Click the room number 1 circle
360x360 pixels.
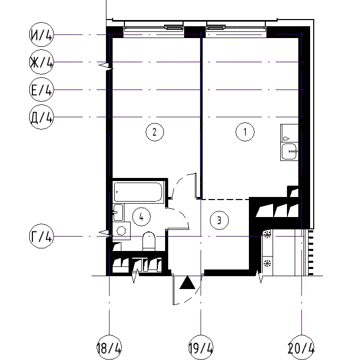pyautogui.click(x=245, y=132)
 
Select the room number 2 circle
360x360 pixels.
pyautogui.click(x=155, y=132)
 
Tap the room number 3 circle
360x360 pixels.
pyautogui.click(x=219, y=221)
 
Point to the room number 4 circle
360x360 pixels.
pyautogui.click(x=141, y=217)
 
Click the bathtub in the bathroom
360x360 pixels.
pyautogui.click(x=138, y=192)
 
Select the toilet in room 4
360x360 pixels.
pyautogui.click(x=149, y=241)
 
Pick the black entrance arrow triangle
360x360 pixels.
pyautogui.click(x=187, y=282)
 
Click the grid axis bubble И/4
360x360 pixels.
pyautogui.click(x=42, y=34)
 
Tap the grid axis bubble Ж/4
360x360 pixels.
pyautogui.click(x=42, y=62)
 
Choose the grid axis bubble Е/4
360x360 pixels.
pyautogui.click(x=42, y=89)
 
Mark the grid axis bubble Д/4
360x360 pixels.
pyautogui.click(x=42, y=117)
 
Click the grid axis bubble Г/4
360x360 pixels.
pyautogui.click(x=42, y=236)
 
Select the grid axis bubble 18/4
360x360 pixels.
pyautogui.click(x=109, y=347)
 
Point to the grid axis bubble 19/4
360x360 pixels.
pyautogui.click(x=201, y=347)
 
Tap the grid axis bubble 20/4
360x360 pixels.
pyautogui.click(x=301, y=347)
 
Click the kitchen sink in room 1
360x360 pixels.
pyautogui.click(x=289, y=152)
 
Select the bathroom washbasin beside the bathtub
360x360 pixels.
pyautogui.click(x=118, y=212)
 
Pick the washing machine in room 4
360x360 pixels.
pyautogui.click(x=121, y=231)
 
